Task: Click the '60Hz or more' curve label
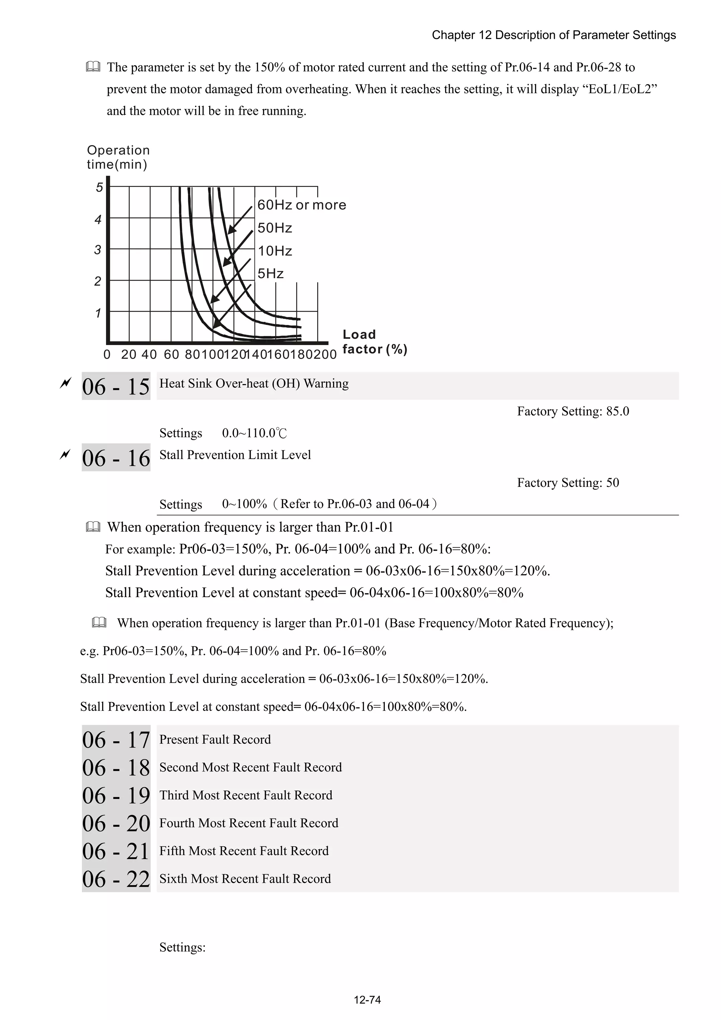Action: (302, 205)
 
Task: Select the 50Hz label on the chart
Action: (275, 228)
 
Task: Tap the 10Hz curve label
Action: (275, 251)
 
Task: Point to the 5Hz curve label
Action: (270, 274)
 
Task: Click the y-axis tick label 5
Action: (99, 187)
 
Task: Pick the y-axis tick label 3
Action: (98, 250)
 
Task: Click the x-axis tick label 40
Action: (149, 355)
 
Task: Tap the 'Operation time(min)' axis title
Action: (118, 157)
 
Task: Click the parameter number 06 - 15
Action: (115, 387)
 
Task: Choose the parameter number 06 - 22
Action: (115, 879)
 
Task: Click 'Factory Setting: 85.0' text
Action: (573, 411)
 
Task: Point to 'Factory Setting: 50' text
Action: (568, 483)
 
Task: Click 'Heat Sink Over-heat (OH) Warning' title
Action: (254, 383)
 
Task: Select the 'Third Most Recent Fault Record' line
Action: (246, 795)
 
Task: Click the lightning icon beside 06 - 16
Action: (65, 455)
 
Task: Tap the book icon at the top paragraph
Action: (93, 67)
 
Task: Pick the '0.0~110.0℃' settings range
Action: (254, 433)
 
